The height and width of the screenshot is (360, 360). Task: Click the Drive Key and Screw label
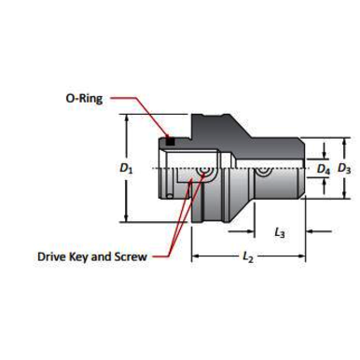tap(92, 255)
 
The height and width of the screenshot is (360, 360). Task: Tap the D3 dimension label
tap(344, 170)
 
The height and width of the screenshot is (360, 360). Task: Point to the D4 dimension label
tap(323, 170)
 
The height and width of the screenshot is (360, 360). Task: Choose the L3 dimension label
tap(280, 230)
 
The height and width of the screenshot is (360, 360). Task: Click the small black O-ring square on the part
tap(169, 141)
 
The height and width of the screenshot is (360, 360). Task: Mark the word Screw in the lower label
tap(130, 255)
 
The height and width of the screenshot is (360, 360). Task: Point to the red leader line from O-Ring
tap(140, 112)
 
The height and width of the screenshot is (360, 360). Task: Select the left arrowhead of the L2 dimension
tap(196, 255)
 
